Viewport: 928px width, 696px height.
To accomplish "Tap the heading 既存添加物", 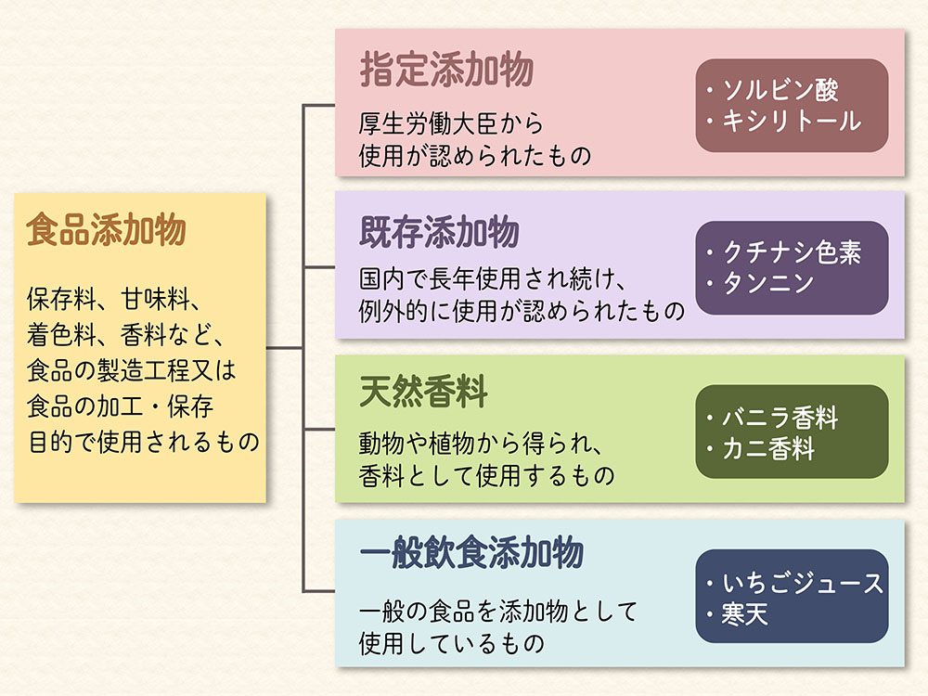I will tap(440, 233).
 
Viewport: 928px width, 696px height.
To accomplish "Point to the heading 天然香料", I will tap(423, 393).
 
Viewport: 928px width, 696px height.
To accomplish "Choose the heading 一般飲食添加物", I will tap(471, 554).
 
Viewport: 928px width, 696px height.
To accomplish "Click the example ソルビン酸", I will tap(780, 91).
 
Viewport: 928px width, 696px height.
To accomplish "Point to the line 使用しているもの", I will tap(451, 641).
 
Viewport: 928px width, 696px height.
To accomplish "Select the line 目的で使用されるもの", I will tap(144, 442).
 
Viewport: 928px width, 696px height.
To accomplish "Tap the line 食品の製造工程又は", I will tap(133, 371).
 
